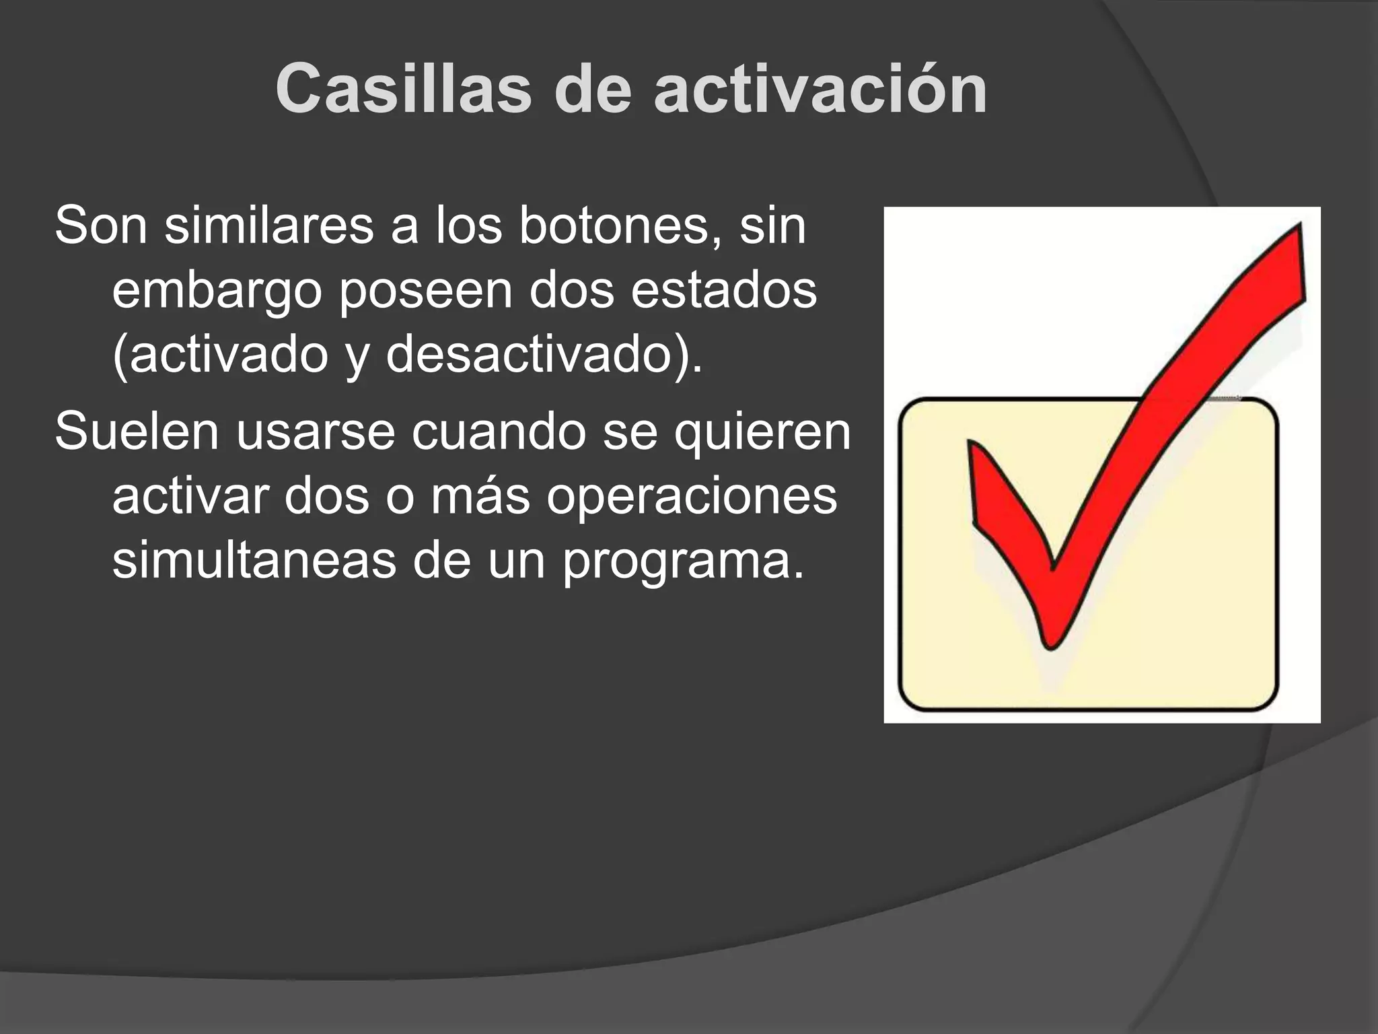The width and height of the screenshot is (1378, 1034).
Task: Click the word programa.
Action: coord(684,562)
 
